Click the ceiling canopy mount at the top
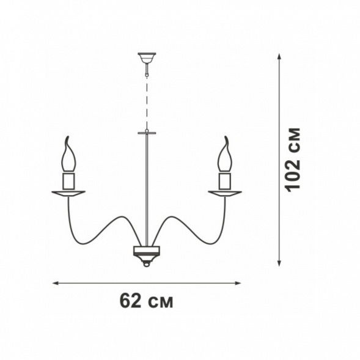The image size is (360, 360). click(147, 58)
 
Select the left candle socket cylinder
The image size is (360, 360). click(68, 181)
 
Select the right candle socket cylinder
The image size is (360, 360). click(225, 181)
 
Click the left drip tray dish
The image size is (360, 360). click(68, 194)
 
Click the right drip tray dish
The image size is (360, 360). click(225, 194)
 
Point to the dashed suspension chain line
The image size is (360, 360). click(147, 103)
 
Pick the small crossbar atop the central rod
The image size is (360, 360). click(147, 133)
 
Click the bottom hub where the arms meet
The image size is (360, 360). click(147, 254)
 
